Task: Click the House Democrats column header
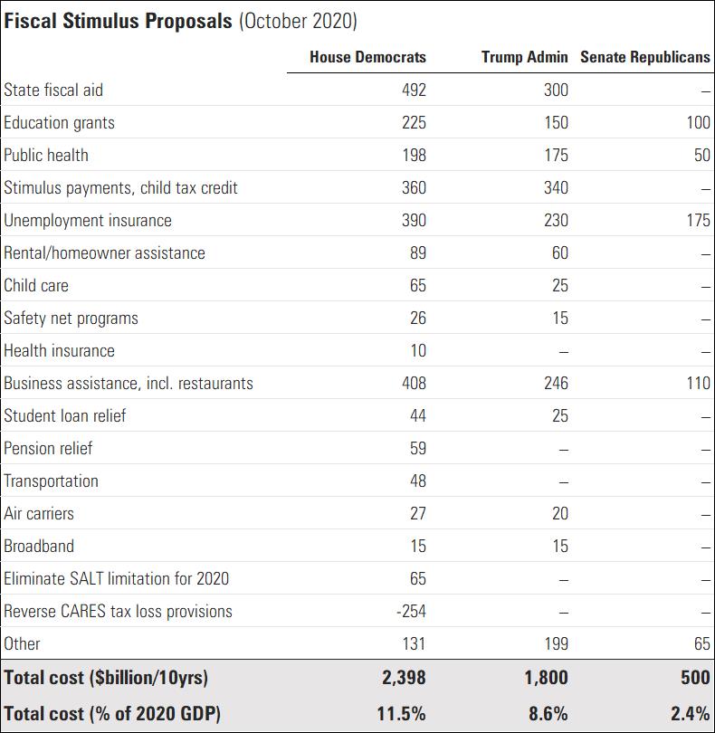tap(367, 57)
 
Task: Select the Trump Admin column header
tap(525, 57)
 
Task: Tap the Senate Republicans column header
tap(645, 57)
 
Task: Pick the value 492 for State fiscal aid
tap(414, 90)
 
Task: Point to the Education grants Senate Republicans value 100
tap(698, 122)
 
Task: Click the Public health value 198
tap(414, 155)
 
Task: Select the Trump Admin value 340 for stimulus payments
tap(556, 187)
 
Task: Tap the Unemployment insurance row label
tap(88, 220)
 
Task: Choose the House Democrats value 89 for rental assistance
tap(417, 252)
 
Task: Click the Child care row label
tap(36, 285)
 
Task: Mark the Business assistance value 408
tap(414, 383)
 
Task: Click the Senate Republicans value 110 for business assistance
tap(698, 383)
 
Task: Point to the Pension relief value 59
tap(417, 448)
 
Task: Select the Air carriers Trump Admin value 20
tap(559, 513)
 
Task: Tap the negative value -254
tap(410, 611)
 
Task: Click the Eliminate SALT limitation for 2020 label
tap(117, 578)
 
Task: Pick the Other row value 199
tap(556, 643)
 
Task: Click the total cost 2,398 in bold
tap(402, 677)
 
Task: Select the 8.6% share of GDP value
tap(548, 713)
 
